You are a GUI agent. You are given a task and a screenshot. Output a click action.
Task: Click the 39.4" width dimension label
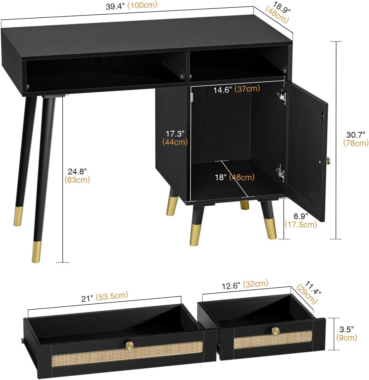(115, 6)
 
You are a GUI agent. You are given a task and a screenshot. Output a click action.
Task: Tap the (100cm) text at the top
(142, 5)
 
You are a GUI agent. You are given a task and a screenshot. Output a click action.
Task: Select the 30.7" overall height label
(355, 135)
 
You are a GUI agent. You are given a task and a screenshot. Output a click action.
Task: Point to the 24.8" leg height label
(77, 171)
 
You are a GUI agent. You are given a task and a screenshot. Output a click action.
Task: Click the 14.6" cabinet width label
(222, 90)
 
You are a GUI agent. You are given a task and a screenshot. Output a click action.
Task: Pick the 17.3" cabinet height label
(175, 134)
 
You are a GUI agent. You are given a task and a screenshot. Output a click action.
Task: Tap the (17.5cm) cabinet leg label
(301, 224)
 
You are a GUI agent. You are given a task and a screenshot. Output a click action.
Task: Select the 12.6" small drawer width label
(231, 286)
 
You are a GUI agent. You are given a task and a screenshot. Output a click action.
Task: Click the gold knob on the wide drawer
(129, 346)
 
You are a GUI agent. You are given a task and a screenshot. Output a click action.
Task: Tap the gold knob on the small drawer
(275, 331)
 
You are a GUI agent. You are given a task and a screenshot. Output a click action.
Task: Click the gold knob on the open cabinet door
(329, 161)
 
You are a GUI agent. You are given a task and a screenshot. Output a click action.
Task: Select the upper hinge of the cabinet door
(282, 97)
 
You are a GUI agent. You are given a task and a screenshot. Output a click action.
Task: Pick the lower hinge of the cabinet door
(280, 173)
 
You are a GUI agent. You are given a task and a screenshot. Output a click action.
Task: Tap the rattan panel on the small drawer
(273, 340)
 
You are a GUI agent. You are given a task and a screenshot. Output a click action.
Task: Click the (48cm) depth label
(277, 15)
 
